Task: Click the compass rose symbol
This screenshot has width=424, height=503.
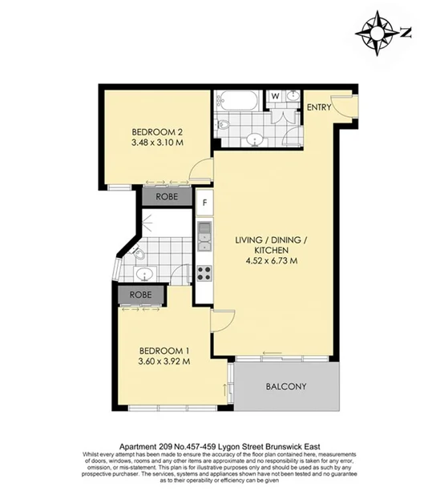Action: click(376, 31)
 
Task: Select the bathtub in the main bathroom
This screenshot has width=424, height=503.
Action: click(236, 102)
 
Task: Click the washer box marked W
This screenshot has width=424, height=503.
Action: click(274, 97)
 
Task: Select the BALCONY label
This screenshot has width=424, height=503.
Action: click(285, 387)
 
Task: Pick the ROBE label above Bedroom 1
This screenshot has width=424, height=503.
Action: click(139, 296)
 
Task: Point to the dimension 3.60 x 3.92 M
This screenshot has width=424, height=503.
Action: click(164, 361)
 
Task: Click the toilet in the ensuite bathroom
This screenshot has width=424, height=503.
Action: click(137, 255)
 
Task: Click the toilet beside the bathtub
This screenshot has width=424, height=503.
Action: click(224, 125)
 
